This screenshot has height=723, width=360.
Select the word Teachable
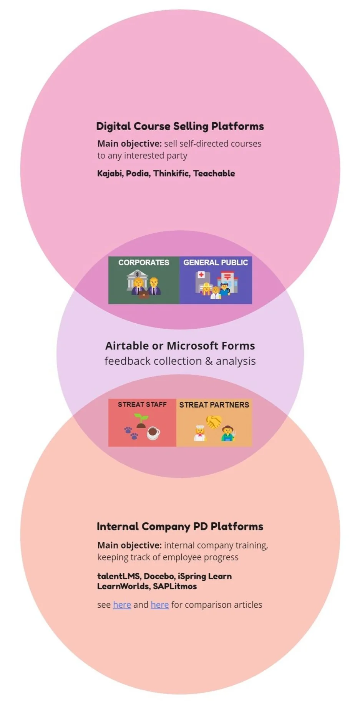point(214,173)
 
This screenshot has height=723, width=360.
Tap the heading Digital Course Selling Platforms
point(180,126)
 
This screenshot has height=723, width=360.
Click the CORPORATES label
point(144,263)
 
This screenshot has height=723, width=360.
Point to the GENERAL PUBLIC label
point(216,263)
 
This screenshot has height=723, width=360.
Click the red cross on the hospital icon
point(201,275)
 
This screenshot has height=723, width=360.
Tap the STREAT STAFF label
point(142,404)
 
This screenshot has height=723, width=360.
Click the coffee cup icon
point(153,433)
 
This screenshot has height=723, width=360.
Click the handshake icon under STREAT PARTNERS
point(214,422)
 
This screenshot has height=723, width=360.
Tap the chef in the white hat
point(200,433)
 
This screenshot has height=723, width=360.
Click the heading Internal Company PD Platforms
point(180,526)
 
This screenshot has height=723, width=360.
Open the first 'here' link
point(122,605)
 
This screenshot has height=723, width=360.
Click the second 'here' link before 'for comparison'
point(159,605)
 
